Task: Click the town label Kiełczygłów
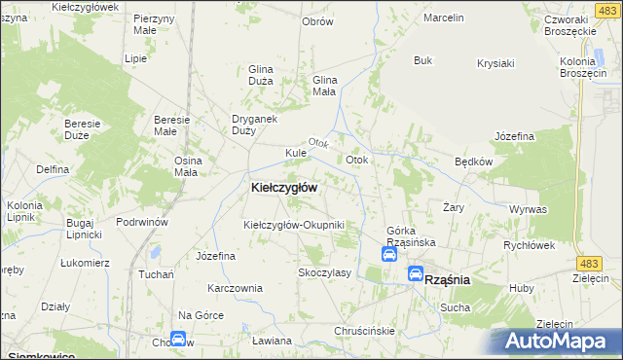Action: (283, 187)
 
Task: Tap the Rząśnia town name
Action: (448, 279)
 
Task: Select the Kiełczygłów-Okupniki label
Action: (294, 225)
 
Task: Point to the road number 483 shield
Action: (613, 264)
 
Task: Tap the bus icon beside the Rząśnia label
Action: (416, 274)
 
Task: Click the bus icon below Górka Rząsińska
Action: (388, 255)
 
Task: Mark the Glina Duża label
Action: (261, 76)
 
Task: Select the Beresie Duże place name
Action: (83, 129)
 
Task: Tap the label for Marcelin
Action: (444, 18)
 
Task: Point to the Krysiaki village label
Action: (495, 64)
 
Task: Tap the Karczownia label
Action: (235, 288)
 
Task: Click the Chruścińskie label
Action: (364, 331)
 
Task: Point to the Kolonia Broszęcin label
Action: (584, 68)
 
